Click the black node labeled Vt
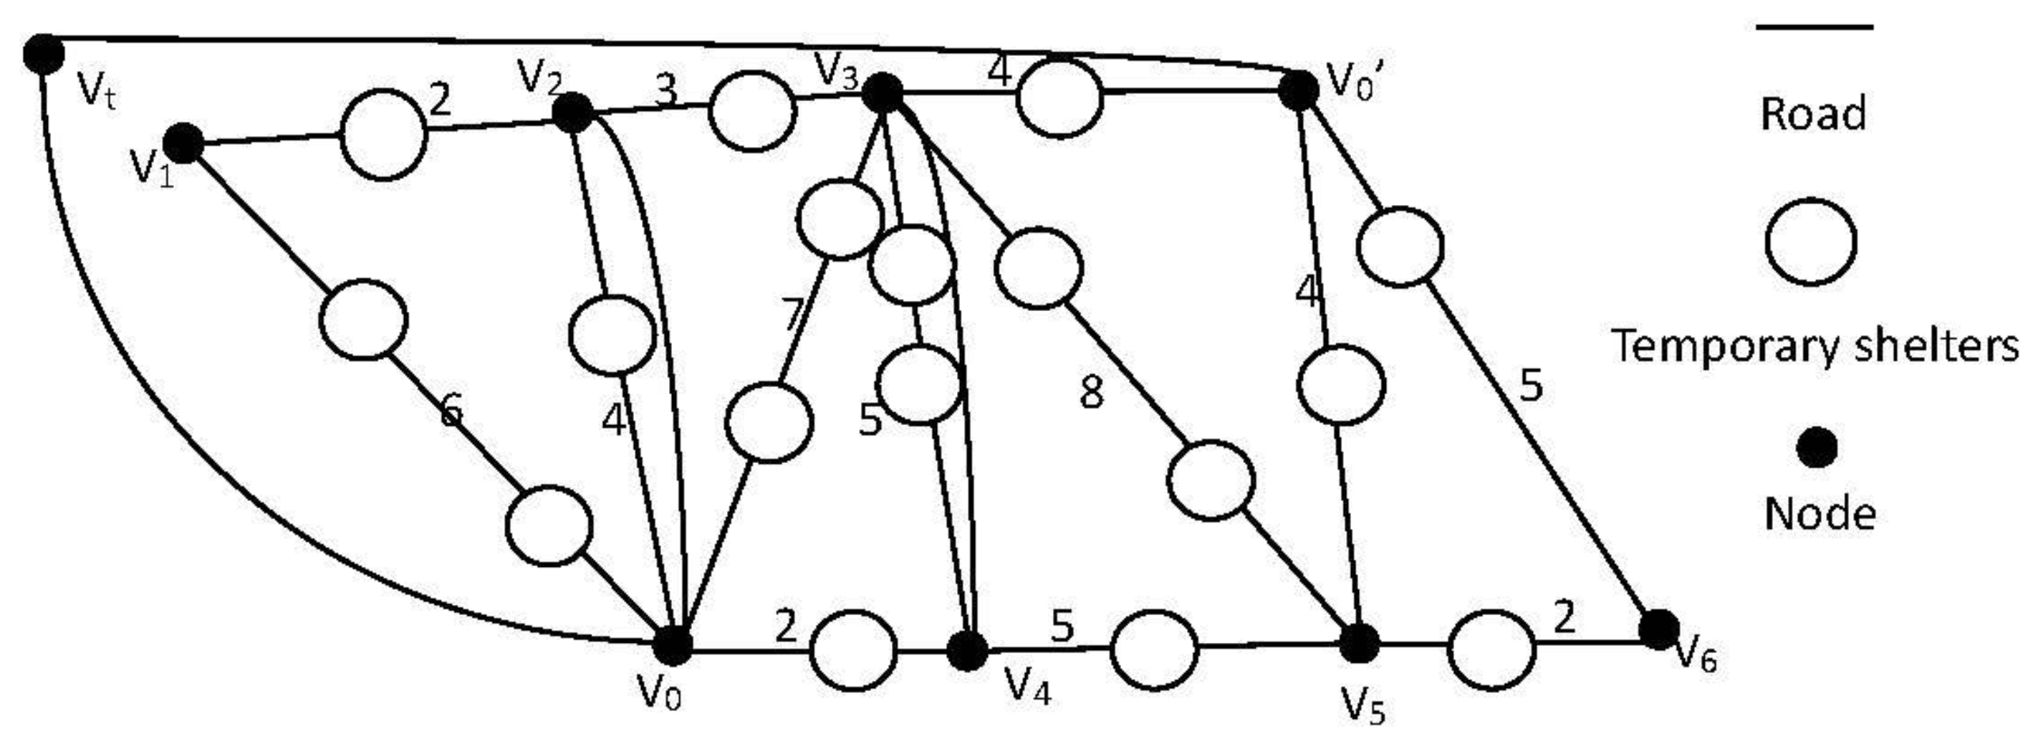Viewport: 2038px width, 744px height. pyautogui.click(x=43, y=54)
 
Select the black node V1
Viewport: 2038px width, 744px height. pyautogui.click(x=183, y=144)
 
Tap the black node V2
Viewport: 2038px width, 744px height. pyautogui.click(x=572, y=113)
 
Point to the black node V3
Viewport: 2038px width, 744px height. pyautogui.click(x=881, y=93)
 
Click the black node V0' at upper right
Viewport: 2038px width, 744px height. pyautogui.click(x=1298, y=91)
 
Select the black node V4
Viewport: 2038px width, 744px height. pyautogui.click(x=967, y=651)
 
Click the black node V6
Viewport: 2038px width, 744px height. pyautogui.click(x=1658, y=630)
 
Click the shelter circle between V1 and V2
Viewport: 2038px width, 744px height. pyautogui.click(x=384, y=134)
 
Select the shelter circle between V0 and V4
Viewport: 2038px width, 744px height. pyautogui.click(x=854, y=651)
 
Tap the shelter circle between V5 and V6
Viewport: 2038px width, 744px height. pyautogui.click(x=1491, y=650)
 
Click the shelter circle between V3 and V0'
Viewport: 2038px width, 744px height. pyautogui.click(x=1059, y=97)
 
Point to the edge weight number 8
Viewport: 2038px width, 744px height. pyautogui.click(x=1092, y=394)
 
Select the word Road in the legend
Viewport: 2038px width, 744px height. pyautogui.click(x=1812, y=113)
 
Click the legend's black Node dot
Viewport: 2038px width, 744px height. pyautogui.click(x=1817, y=449)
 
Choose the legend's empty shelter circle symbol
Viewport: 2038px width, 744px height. pyautogui.click(x=1811, y=242)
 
